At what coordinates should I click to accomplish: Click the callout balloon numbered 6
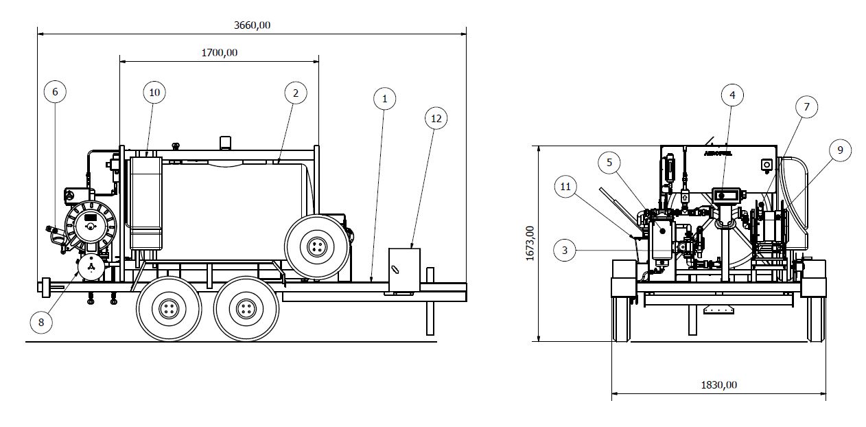pos(56,91)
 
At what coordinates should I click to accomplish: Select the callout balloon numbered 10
pos(154,92)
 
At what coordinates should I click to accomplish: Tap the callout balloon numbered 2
pos(294,92)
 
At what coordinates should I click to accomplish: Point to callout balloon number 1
pos(385,99)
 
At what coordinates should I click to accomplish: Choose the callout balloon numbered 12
pos(435,118)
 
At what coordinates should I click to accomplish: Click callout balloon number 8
pos(41,322)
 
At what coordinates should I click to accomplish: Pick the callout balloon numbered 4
pos(732,95)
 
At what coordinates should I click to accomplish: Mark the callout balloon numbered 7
pos(806,106)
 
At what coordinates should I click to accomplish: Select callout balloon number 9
pos(839,150)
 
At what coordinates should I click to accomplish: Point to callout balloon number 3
pos(565,251)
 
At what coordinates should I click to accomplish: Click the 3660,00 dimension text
pos(253,25)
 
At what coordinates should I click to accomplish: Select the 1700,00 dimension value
pos(220,52)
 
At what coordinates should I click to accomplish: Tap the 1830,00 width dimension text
pos(718,384)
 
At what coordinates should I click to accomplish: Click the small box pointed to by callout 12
pos(403,270)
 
